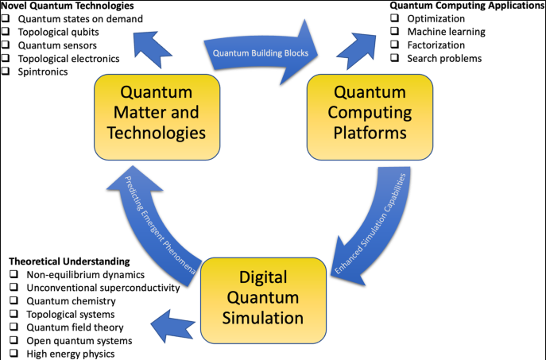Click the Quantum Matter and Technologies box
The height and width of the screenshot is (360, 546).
click(152, 115)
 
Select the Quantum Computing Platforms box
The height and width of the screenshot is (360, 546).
click(370, 115)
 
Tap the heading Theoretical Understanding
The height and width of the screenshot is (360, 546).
click(68, 261)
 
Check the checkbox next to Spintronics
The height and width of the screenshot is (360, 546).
click(6, 72)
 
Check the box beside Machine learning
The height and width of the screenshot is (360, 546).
click(395, 32)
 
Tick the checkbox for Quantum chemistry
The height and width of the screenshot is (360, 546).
click(14, 301)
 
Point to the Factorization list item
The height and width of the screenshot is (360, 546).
click(436, 45)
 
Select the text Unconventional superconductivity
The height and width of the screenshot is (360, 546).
click(103, 288)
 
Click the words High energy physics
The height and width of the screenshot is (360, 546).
click(71, 354)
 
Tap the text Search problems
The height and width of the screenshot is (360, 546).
click(444, 59)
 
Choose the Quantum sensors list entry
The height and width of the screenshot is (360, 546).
click(57, 45)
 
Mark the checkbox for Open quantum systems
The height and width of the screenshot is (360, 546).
click(14, 340)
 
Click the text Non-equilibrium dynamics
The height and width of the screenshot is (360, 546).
click(83, 275)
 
